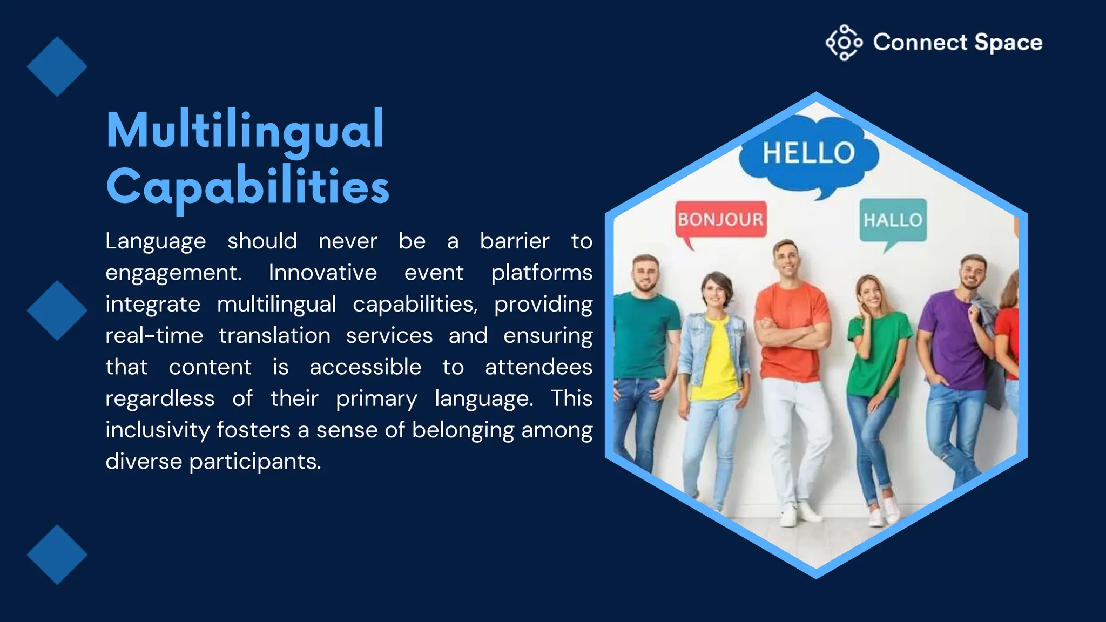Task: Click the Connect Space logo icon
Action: pos(844,43)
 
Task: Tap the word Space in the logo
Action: pos(1008,43)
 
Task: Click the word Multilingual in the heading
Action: pos(245,130)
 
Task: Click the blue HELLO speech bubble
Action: pos(808,153)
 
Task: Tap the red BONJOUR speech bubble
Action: pos(720,220)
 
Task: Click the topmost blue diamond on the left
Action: pos(57,67)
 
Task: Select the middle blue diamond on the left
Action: pos(57,310)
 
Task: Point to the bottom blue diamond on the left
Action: pos(57,555)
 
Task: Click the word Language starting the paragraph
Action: pos(156,241)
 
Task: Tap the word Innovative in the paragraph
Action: pos(322,273)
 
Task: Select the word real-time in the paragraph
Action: pos(154,336)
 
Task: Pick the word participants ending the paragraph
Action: pos(255,462)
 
